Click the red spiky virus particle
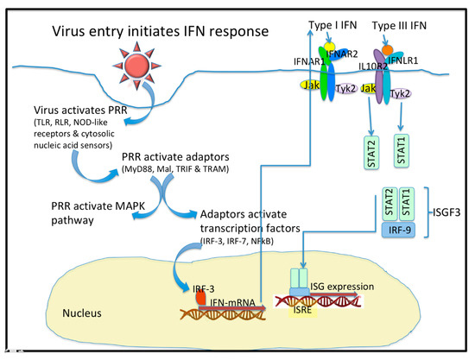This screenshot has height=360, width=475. click(137, 66)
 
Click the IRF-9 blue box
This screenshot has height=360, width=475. click(398, 231)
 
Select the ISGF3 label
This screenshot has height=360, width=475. click(446, 212)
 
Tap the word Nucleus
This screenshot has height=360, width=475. click(82, 313)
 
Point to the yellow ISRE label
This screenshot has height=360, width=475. click(302, 310)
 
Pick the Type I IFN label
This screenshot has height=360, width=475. click(332, 25)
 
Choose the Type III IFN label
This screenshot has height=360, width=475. click(399, 26)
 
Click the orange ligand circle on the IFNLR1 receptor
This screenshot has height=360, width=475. click(387, 50)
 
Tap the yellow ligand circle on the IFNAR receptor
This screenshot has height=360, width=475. click(329, 47)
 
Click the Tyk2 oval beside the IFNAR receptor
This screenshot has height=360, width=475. click(346, 88)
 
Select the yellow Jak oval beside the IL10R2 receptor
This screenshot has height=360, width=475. click(368, 88)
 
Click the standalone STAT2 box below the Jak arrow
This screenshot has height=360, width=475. click(371, 153)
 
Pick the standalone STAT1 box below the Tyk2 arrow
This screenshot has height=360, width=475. click(402, 150)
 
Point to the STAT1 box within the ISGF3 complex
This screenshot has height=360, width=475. click(407, 205)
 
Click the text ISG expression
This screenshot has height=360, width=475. click(342, 287)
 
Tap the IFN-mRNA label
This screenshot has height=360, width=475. click(232, 302)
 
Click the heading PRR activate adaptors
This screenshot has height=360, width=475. click(175, 157)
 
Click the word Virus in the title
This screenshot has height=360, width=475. click(68, 31)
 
